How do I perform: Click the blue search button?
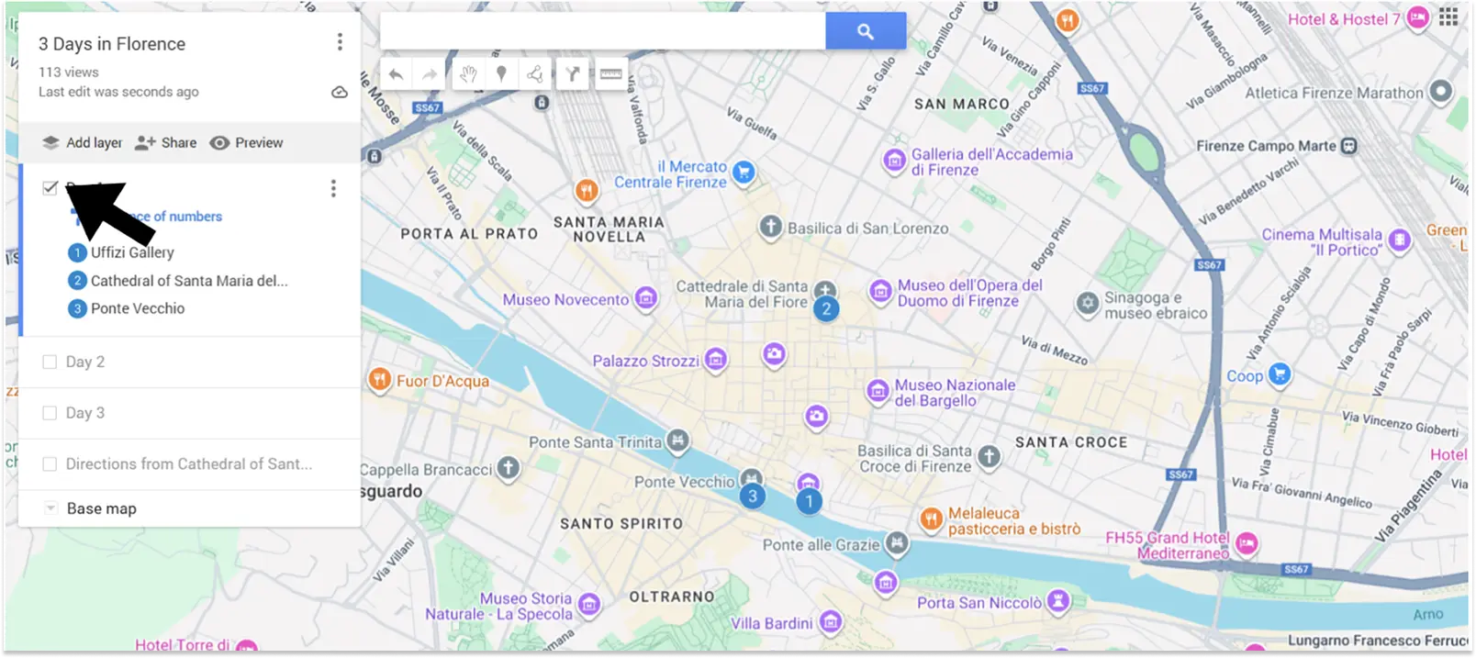[x=865, y=31]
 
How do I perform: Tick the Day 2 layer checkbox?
[x=50, y=362]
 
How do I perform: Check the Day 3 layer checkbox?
[x=50, y=413]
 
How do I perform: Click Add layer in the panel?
[x=83, y=143]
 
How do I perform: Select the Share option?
[x=166, y=143]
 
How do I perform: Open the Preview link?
[x=247, y=143]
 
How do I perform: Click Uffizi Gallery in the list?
[x=131, y=252]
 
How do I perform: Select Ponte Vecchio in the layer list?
[x=137, y=308]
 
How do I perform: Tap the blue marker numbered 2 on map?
[x=826, y=308]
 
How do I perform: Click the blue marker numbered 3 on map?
[x=753, y=496]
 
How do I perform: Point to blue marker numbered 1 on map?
[x=809, y=501]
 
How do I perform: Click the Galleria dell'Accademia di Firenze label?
[x=990, y=162]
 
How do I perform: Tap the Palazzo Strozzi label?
[x=645, y=361]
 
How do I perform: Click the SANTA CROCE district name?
[x=1070, y=442]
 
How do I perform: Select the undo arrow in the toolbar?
[x=396, y=74]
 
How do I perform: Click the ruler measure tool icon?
[x=610, y=74]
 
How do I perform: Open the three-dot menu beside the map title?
[x=340, y=42]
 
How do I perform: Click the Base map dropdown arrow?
[x=51, y=508]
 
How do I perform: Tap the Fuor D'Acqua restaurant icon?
[x=379, y=379]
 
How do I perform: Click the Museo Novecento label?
[x=565, y=299]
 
